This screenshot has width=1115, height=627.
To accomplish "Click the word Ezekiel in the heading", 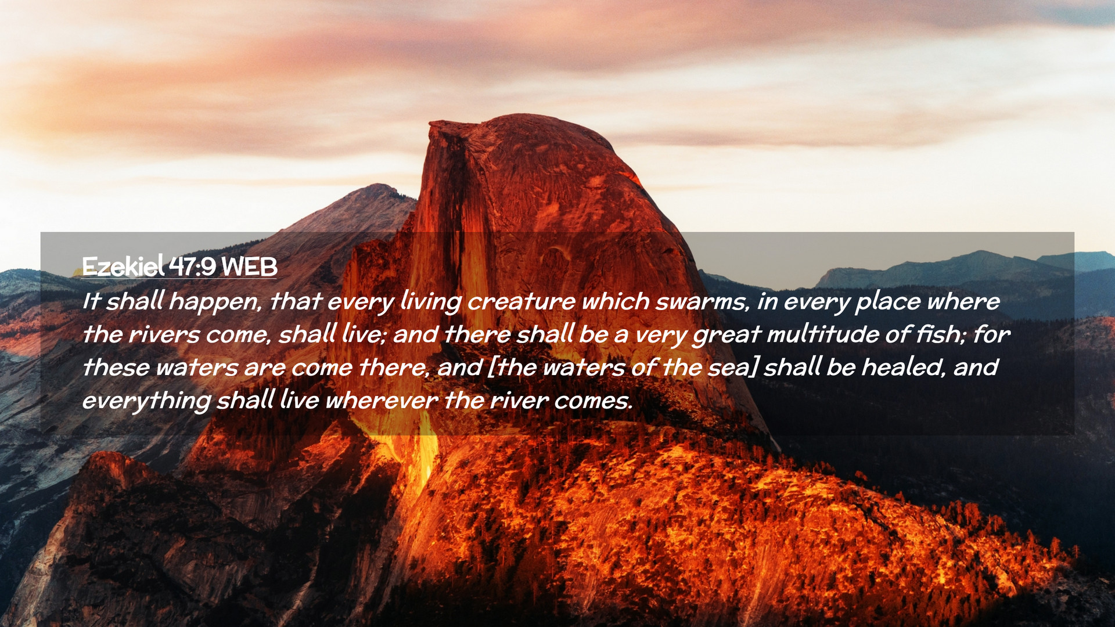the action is (123, 266).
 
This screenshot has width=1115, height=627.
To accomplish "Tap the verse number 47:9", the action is (193, 266).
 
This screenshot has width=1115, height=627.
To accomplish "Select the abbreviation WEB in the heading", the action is (250, 266).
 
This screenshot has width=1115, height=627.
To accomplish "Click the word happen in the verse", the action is (215, 302).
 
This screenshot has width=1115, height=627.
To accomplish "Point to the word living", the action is (430, 302).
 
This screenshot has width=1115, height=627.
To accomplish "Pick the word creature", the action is (521, 301).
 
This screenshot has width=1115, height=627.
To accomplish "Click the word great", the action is (726, 336).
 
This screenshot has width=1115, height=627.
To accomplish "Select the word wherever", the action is (382, 401).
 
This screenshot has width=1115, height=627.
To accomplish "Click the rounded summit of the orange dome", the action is (523, 116).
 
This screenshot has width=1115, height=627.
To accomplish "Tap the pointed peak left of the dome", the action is (379, 186).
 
